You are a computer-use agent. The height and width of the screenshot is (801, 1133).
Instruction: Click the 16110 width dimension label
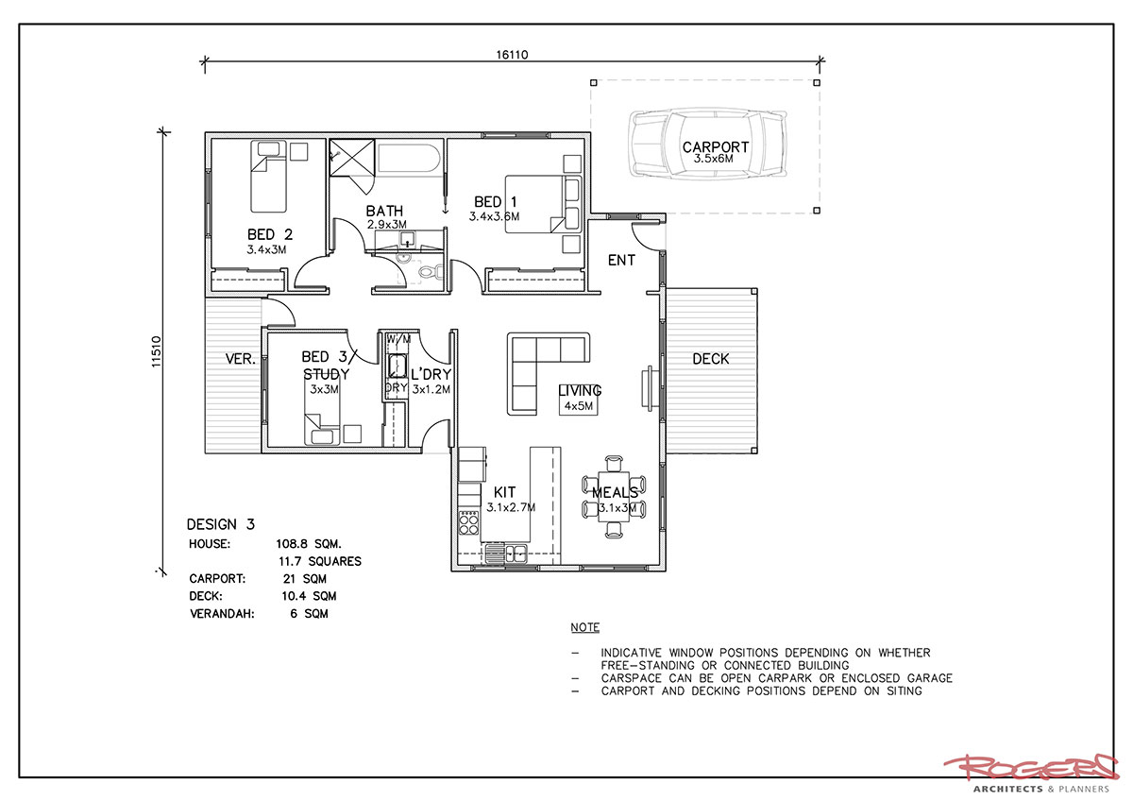pos(512,55)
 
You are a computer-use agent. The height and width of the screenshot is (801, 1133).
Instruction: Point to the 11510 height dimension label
pos(157,351)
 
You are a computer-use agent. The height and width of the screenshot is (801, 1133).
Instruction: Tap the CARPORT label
pos(716,147)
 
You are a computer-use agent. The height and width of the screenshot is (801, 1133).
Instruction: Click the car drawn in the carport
pos(708,144)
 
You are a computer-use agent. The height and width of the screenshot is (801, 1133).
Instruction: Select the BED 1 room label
pos(495,202)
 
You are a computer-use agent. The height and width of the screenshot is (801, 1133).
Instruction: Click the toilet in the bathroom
pos(430,273)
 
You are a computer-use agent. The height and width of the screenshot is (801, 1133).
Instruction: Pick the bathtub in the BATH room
pos(410,160)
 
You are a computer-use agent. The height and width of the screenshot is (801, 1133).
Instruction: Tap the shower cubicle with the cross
pos(352,158)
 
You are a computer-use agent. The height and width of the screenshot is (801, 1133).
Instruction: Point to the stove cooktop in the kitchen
pos(468,523)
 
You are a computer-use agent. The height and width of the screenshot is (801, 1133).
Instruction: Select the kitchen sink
pos(506,554)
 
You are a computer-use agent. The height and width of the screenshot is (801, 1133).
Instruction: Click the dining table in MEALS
pos(614,497)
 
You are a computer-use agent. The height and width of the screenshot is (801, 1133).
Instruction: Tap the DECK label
pos(711,359)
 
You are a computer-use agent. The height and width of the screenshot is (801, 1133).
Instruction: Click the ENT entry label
pos(621,260)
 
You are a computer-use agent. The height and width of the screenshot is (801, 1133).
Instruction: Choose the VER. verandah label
pos(240,359)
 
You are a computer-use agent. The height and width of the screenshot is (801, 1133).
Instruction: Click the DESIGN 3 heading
pos(221,524)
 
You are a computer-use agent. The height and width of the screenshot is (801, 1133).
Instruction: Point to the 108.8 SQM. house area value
pos(309,544)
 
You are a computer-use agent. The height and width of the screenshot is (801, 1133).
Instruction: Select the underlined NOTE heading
pos(585,627)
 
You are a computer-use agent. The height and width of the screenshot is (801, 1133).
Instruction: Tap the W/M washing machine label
pos(398,339)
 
